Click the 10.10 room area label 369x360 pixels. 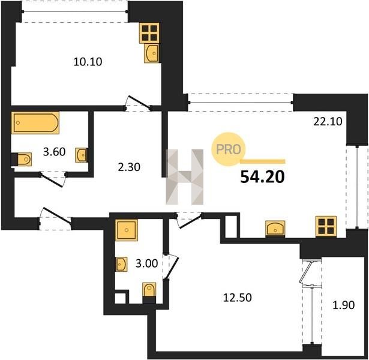pos(88,62)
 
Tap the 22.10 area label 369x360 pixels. pos(328,122)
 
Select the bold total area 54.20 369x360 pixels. pos(262,177)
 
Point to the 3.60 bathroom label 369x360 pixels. pos(54,152)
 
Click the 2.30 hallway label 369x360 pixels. pos(129,167)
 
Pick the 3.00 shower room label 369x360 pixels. pos(146,263)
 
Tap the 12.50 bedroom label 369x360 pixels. pos(238,298)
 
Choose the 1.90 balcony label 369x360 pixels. pos(344,305)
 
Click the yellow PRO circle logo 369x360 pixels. pos(228,149)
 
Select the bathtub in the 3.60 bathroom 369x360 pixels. pos(35,123)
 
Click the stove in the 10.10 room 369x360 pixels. pos(149,33)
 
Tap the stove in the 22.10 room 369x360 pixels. pos(326,226)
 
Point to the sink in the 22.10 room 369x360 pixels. pos(275,228)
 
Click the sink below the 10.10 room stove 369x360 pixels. pos(151,53)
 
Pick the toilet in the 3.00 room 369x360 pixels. pos(149,293)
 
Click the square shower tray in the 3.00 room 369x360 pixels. pos(127,230)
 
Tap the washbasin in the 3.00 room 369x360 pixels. pos(122,264)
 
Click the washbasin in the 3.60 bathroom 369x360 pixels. pos(82,155)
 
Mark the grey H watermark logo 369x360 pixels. pos(185,177)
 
